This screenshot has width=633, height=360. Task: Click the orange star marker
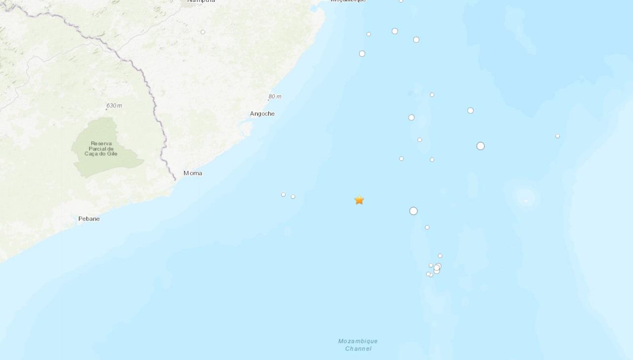(359, 199)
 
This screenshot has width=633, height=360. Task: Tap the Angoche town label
(262, 114)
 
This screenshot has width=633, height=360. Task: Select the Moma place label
(193, 173)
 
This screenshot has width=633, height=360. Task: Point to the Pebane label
(89, 219)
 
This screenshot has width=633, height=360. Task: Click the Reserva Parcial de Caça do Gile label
(101, 148)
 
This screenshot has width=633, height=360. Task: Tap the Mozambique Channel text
(358, 345)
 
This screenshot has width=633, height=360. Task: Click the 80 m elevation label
(275, 97)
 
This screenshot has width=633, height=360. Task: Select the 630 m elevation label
(114, 105)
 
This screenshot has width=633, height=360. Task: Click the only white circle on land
(203, 32)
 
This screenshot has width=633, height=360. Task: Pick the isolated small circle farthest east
(558, 136)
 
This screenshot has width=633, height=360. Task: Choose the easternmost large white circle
(480, 146)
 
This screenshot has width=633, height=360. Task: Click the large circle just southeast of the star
(413, 211)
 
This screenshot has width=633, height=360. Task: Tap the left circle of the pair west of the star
(283, 195)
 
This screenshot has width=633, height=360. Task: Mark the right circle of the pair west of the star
(293, 196)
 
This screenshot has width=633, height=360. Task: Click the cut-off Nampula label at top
(201, 1)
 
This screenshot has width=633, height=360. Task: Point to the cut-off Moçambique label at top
(348, 1)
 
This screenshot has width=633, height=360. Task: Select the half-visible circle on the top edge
(401, 1)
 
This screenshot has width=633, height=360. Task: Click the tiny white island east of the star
(526, 200)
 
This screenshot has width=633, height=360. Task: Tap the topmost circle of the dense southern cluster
(440, 256)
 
